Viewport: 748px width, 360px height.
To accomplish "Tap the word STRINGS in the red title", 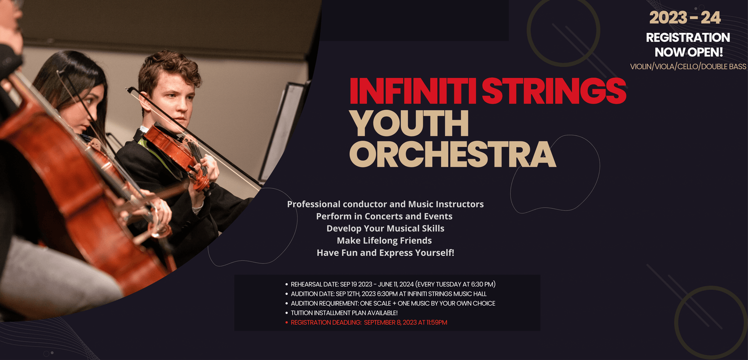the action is pyautogui.click(x=554, y=91).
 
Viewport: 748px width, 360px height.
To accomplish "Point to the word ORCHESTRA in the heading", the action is pyautogui.click(x=452, y=154).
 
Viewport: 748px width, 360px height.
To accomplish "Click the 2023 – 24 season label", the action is pyautogui.click(x=685, y=17).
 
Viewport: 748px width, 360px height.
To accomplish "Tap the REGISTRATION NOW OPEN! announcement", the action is pyautogui.click(x=688, y=45).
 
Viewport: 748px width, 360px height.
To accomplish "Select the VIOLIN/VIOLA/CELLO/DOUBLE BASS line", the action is pyautogui.click(x=688, y=67).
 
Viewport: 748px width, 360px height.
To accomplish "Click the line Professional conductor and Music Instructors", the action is pyautogui.click(x=385, y=204).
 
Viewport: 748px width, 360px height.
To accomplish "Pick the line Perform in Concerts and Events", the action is pyautogui.click(x=384, y=216).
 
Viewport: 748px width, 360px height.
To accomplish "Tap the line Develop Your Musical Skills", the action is pyautogui.click(x=385, y=228).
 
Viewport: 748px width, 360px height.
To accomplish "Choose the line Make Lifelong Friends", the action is pyautogui.click(x=384, y=240).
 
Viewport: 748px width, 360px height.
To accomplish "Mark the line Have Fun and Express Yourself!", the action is pyautogui.click(x=385, y=253).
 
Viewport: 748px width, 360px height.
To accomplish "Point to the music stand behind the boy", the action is pyautogui.click(x=284, y=130).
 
